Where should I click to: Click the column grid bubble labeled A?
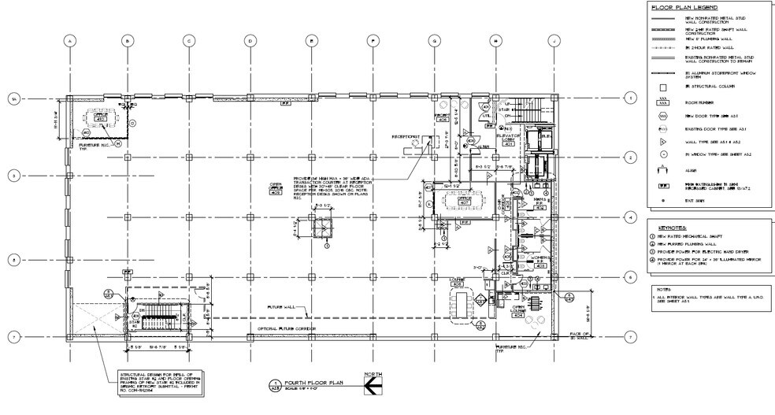coord(70,41)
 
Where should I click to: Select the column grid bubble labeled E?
coord(311,41)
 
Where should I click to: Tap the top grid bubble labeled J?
coord(554,41)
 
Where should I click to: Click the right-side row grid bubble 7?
coord(629,338)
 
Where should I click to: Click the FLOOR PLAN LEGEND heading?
coord(683,7)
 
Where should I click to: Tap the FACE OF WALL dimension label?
coord(580,336)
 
